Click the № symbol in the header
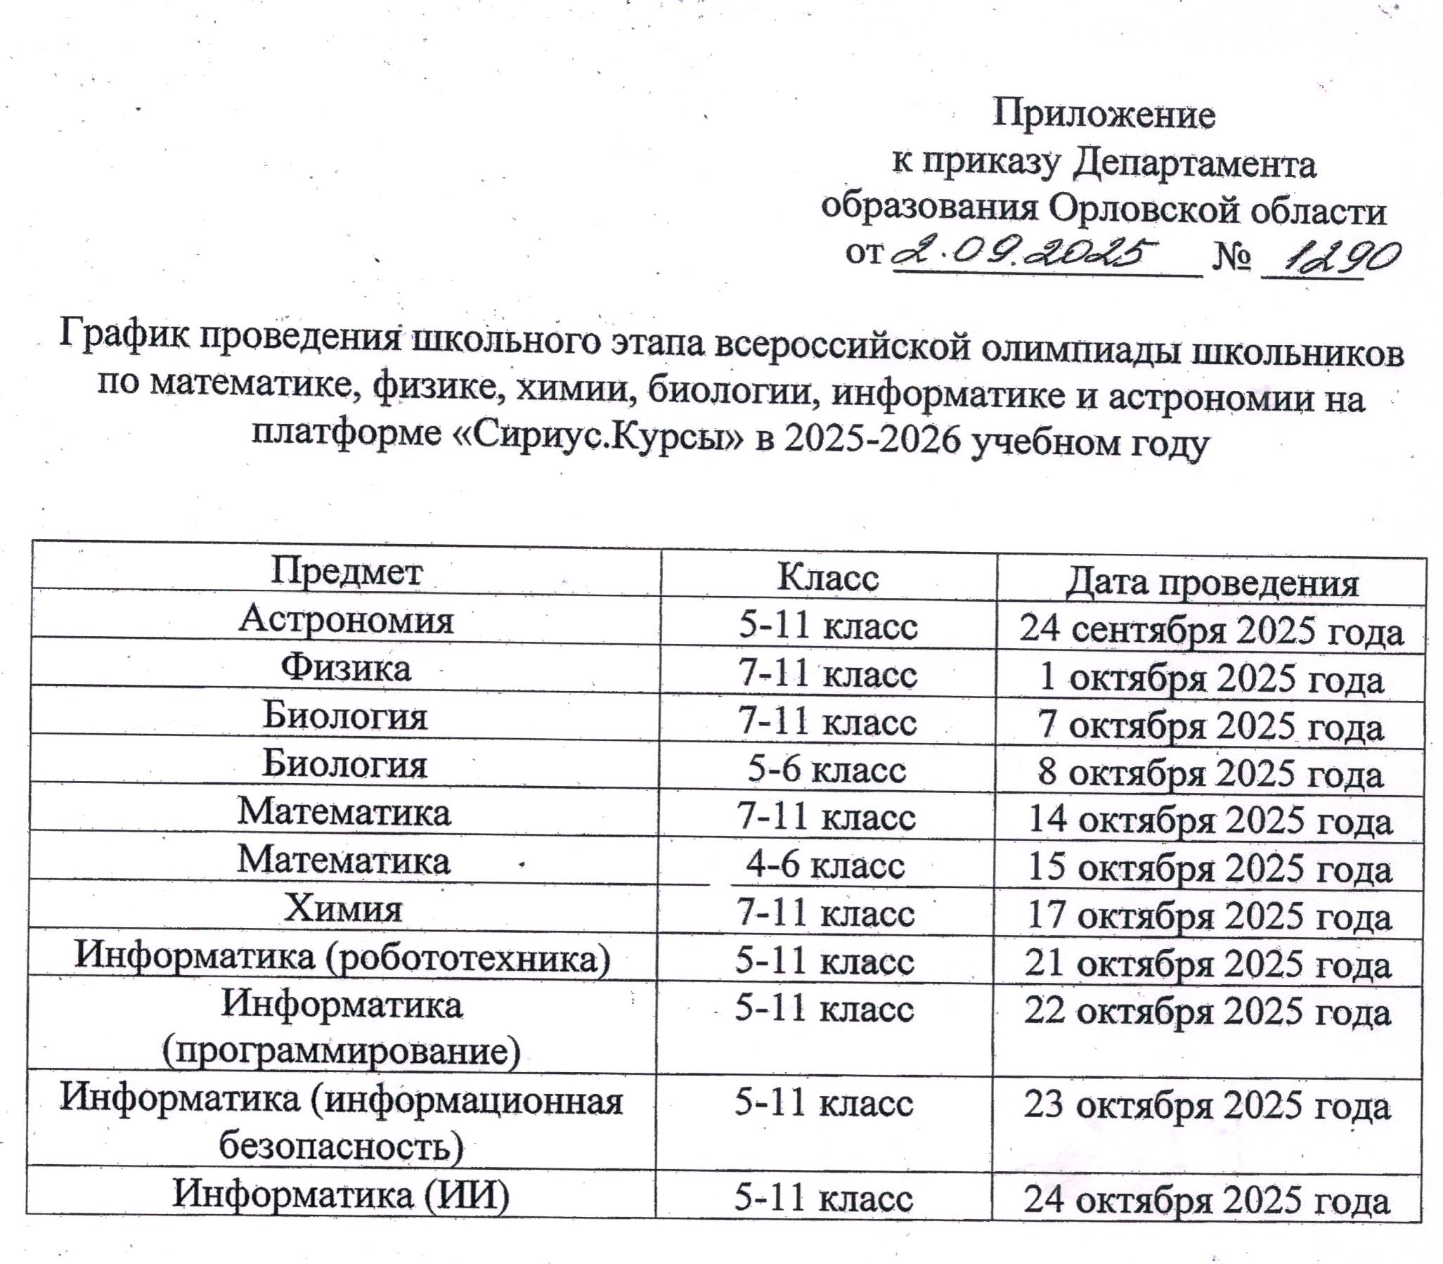point(1231,258)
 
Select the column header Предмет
point(347,573)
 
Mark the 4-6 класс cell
point(825,865)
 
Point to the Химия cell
point(343,909)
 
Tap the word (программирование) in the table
point(342,1051)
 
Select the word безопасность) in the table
point(342,1146)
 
